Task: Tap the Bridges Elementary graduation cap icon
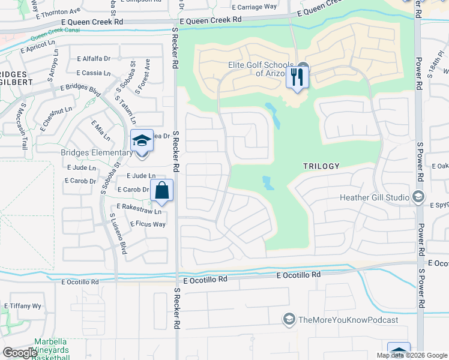pyautogui.click(x=142, y=141)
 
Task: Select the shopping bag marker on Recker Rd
pyautogui.click(x=161, y=191)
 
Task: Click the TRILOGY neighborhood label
pyautogui.click(x=321, y=166)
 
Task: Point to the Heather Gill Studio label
pyautogui.click(x=375, y=197)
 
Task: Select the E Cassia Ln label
pyautogui.click(x=94, y=73)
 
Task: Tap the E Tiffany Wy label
pyautogui.click(x=23, y=306)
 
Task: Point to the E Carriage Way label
pyautogui.click(x=255, y=7)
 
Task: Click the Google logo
pyautogui.click(x=20, y=352)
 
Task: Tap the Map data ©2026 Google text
pyautogui.click(x=411, y=355)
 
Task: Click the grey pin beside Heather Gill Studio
pyautogui.click(x=418, y=197)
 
